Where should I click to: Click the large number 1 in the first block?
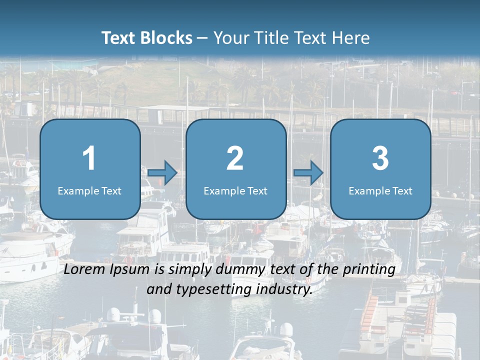[89, 158]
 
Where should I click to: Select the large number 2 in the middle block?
[235, 158]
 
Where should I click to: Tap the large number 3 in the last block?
[380, 158]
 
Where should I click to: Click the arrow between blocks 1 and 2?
[162, 173]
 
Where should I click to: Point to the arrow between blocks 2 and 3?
[308, 173]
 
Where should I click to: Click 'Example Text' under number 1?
[89, 191]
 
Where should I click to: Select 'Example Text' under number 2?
[235, 191]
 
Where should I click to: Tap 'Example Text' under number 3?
[380, 191]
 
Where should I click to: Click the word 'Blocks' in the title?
[166, 38]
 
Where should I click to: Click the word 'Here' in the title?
[352, 38]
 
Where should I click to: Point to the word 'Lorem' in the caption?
[84, 269]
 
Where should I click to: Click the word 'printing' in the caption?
[368, 270]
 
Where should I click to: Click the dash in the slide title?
[203, 38]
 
